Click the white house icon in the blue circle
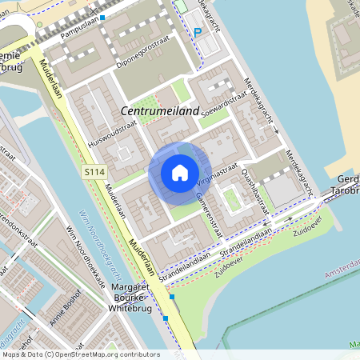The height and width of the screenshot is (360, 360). pos(179,173)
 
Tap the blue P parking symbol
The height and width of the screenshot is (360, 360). pos(198,33)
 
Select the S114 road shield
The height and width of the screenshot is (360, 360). pos(93,171)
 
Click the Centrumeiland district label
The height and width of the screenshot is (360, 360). pos(159,111)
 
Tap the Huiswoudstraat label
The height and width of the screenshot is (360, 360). pos(102,130)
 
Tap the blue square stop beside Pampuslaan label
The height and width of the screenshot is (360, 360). pos(102,17)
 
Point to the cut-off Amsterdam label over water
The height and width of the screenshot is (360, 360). pos(342,274)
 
